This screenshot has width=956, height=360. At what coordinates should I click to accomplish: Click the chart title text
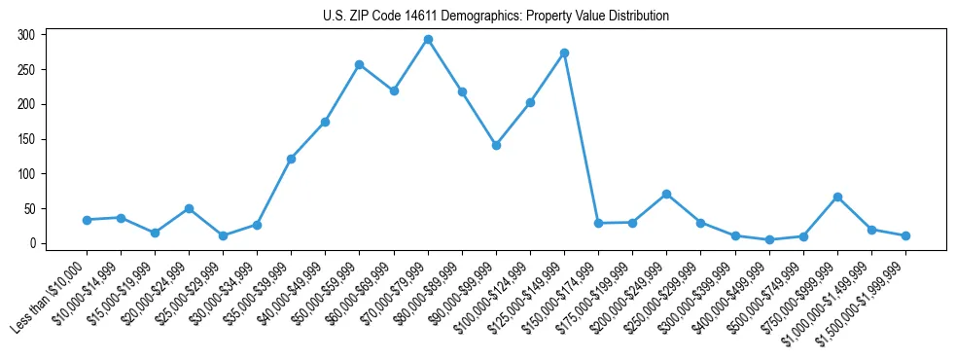(495, 17)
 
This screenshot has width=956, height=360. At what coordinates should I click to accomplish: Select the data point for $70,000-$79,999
(428, 40)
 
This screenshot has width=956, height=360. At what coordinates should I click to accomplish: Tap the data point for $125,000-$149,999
(564, 53)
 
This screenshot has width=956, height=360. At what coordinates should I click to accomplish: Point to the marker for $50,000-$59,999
(360, 65)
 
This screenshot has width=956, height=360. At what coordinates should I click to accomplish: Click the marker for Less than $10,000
(87, 220)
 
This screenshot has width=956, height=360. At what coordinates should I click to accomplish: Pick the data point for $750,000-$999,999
(837, 197)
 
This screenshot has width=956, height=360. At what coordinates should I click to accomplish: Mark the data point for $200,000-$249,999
(666, 195)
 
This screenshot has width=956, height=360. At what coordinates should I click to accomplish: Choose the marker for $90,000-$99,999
(496, 145)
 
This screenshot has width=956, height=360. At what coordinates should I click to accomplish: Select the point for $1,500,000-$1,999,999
(905, 235)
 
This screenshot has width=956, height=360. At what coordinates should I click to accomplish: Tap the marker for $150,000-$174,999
(598, 223)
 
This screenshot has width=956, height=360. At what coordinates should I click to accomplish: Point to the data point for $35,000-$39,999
(291, 159)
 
